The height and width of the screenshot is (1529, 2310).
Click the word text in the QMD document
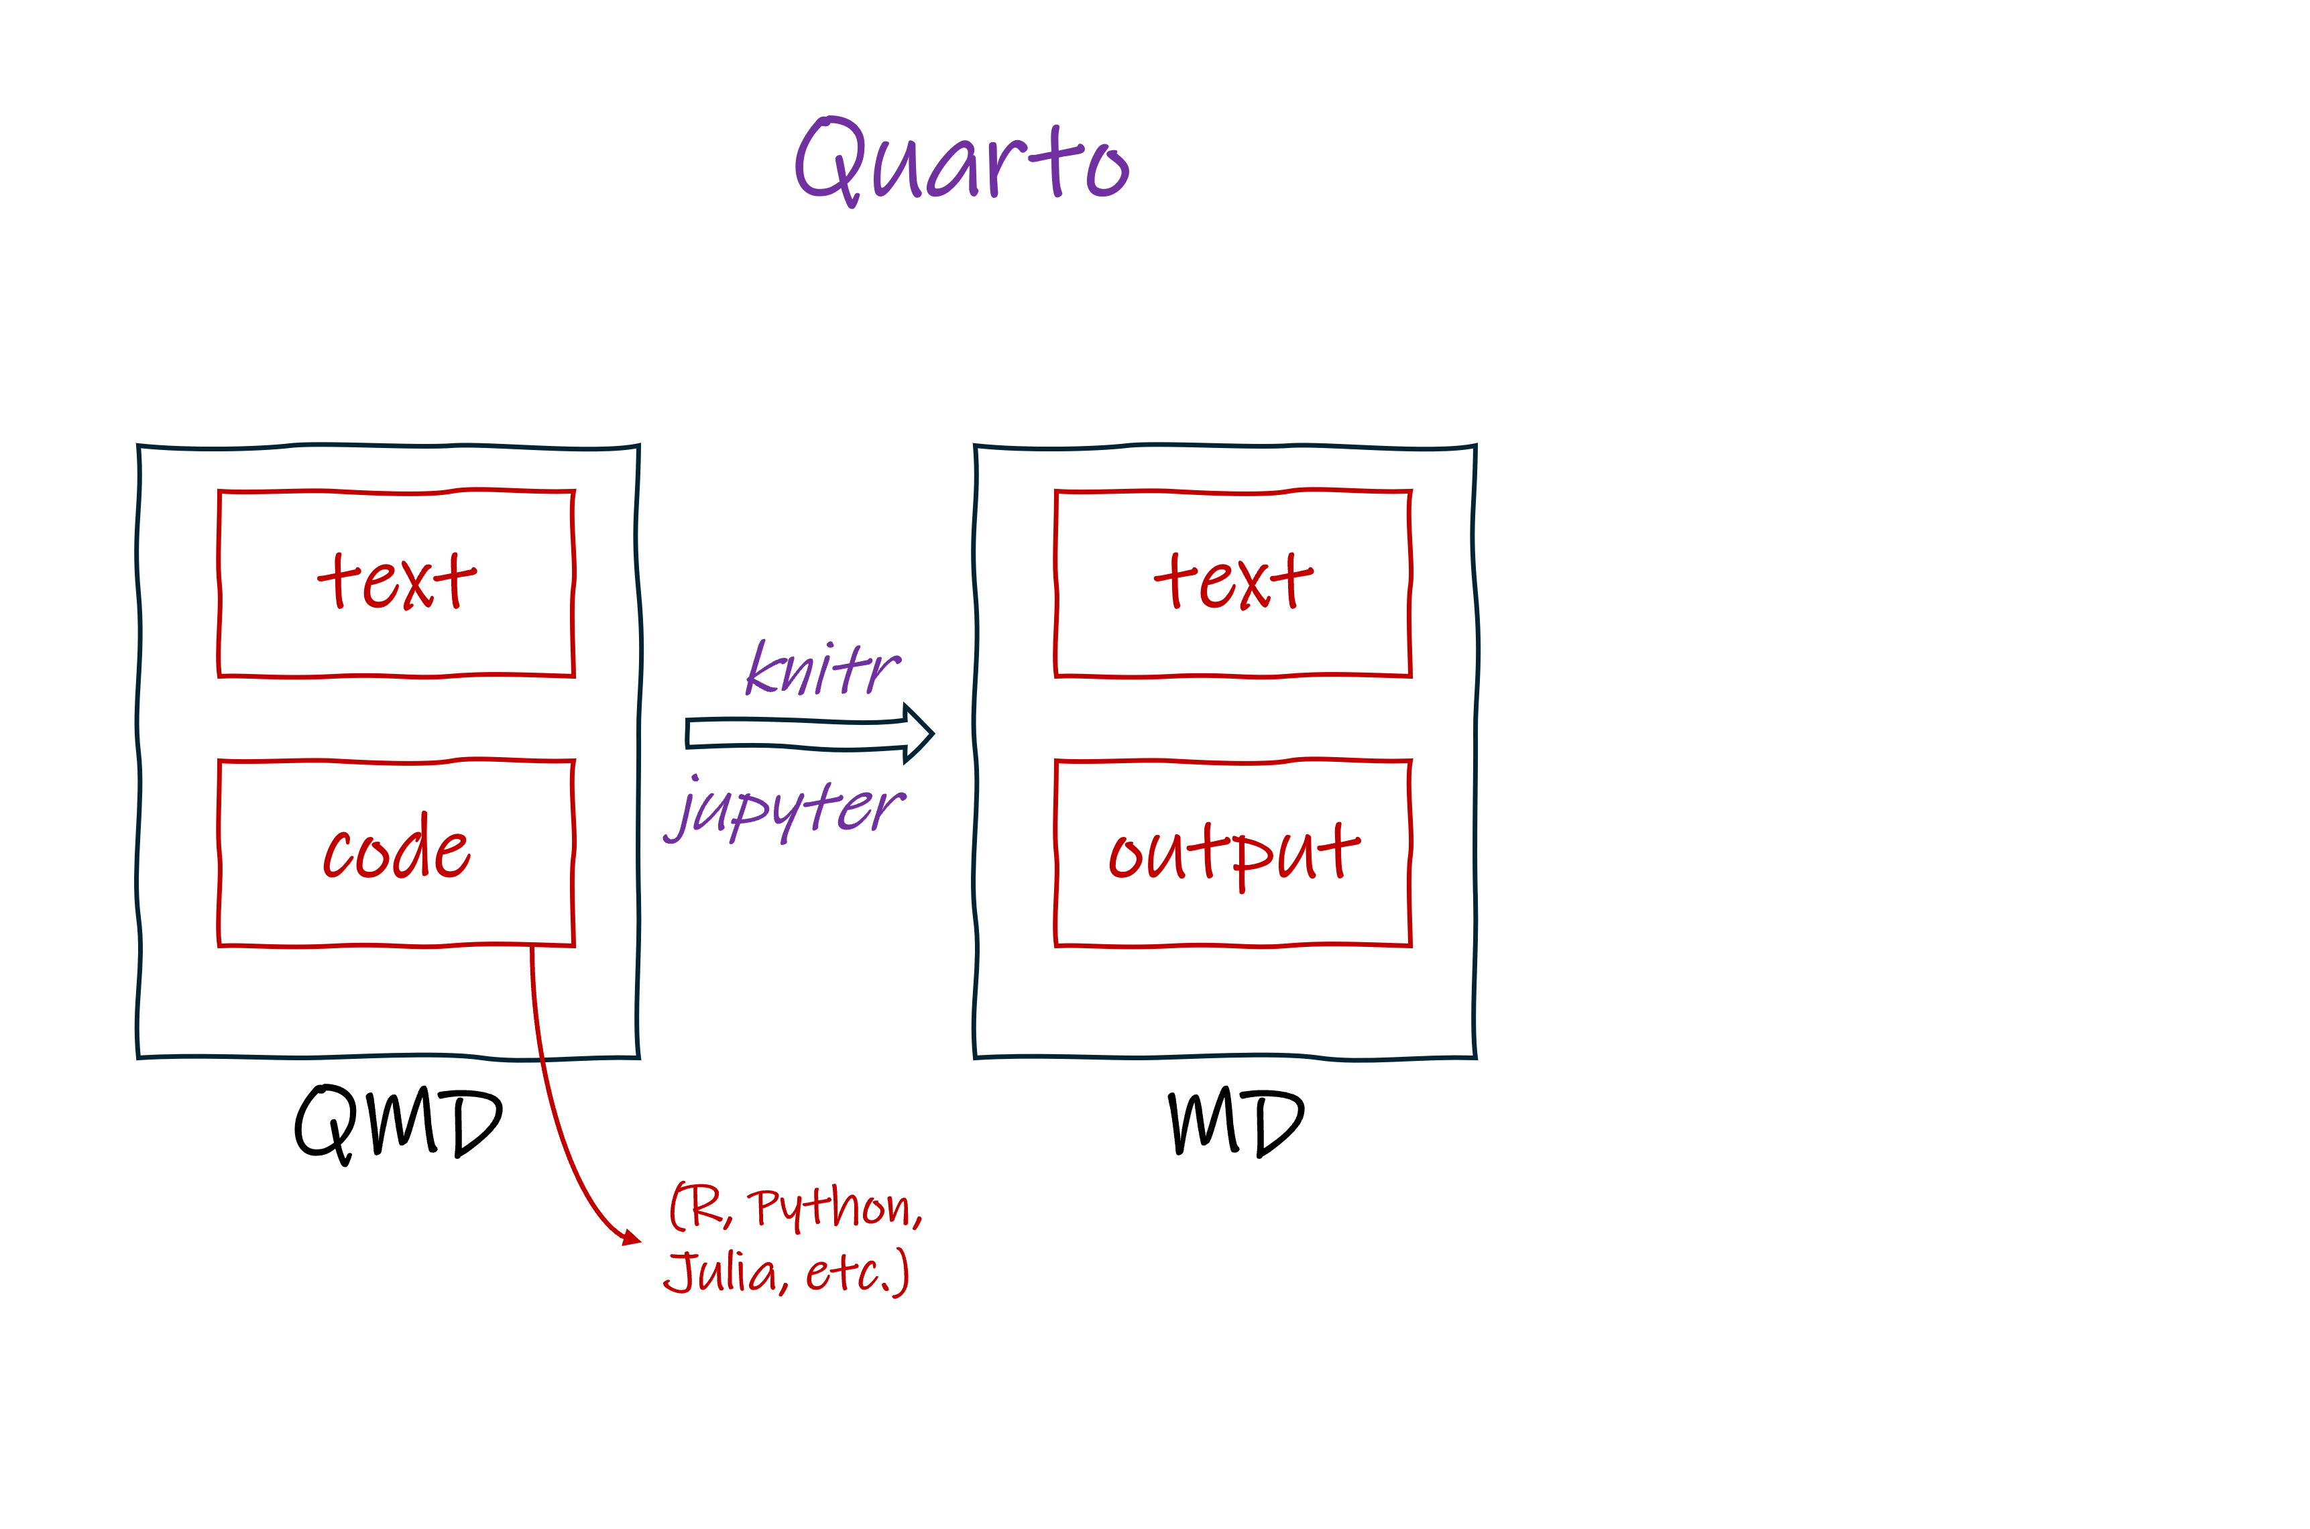point(397,581)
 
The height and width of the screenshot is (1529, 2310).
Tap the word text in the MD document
point(1234,581)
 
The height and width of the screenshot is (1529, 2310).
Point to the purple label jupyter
point(786,809)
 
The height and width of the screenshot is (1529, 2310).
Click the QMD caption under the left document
point(398,1123)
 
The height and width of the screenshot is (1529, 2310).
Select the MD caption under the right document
point(1235,1123)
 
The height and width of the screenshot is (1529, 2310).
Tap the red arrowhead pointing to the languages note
point(632,1239)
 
